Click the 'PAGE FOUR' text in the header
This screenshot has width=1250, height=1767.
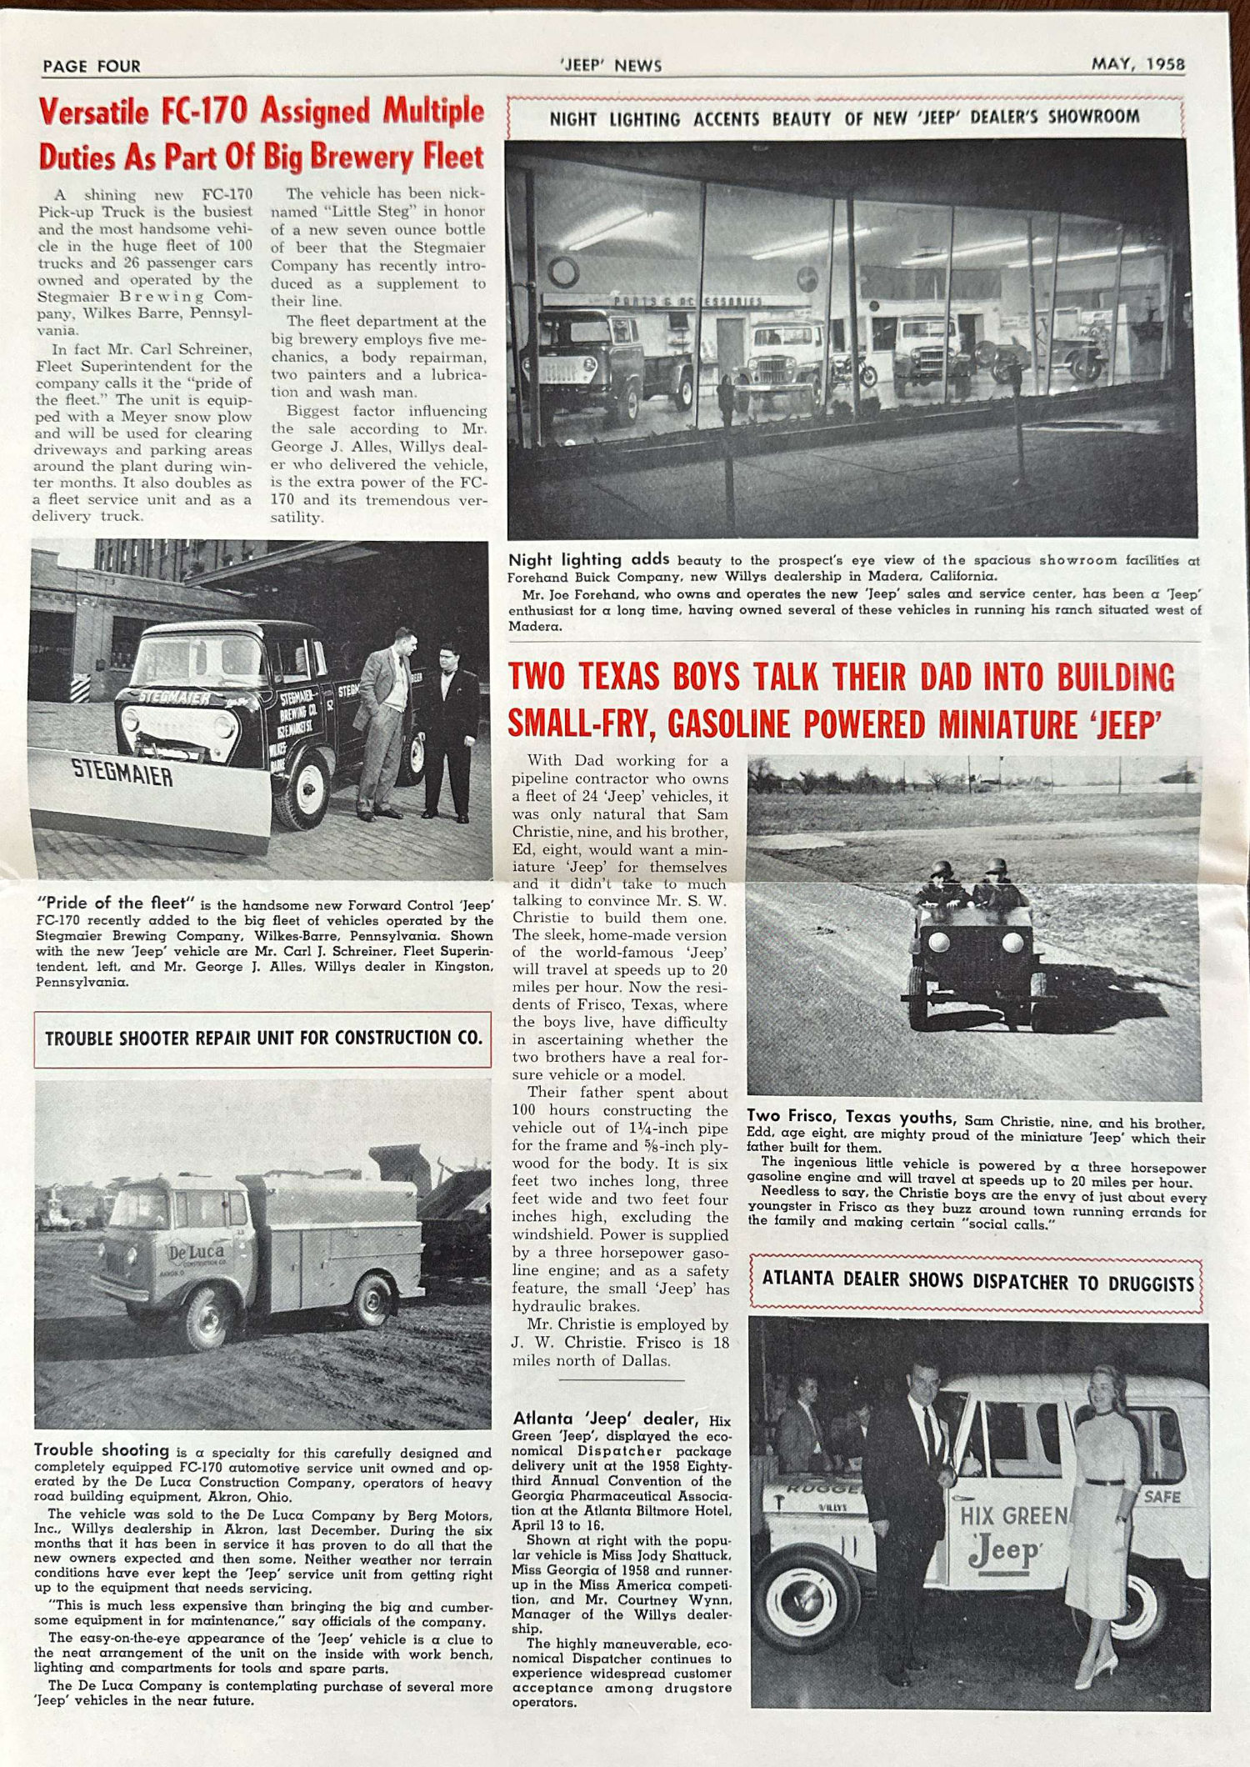tap(92, 66)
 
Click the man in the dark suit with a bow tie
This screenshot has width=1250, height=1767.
tap(450, 729)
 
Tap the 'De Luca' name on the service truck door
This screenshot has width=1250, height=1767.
tap(195, 1253)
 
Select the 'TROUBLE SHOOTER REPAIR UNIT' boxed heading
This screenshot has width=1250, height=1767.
tap(263, 1039)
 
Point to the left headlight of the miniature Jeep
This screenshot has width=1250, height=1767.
tap(939, 943)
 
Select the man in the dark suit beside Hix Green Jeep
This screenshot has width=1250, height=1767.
tap(908, 1509)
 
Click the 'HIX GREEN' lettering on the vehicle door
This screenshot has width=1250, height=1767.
tap(1012, 1514)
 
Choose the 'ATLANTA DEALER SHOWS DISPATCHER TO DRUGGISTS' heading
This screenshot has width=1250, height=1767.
tap(977, 1283)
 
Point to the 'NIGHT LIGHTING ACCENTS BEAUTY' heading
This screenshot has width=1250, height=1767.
tap(843, 118)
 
